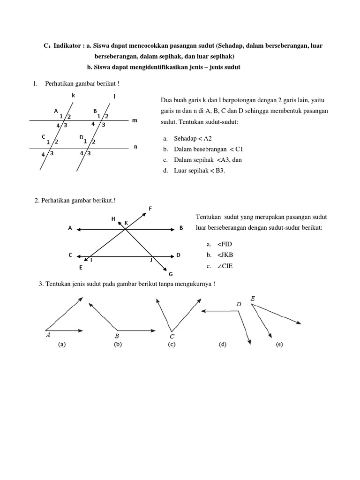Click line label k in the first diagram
(73, 95)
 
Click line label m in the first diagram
(135, 120)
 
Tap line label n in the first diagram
(135, 147)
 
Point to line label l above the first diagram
(114, 97)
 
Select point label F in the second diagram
(150, 208)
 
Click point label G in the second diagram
(171, 274)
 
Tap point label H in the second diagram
(113, 219)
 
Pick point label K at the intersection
(126, 223)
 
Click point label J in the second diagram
(151, 259)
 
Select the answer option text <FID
(225, 244)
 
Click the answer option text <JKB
(225, 255)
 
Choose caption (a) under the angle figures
(61, 345)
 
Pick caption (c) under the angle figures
(172, 345)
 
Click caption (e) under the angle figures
(279, 345)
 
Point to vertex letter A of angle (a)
(48, 335)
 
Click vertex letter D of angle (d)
(239, 305)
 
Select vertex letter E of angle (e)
(253, 299)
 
